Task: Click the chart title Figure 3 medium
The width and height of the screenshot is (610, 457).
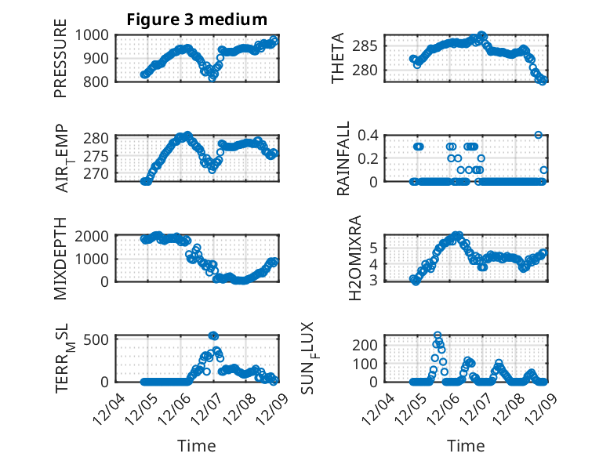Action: (x=197, y=20)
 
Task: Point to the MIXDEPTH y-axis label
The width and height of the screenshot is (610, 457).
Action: (x=61, y=259)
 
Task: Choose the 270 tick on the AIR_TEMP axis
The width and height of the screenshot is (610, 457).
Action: (x=102, y=174)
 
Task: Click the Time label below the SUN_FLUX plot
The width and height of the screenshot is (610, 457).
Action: (x=466, y=445)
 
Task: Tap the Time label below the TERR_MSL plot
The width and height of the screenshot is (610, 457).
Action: (x=197, y=445)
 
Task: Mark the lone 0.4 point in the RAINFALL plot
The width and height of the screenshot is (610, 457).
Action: (x=538, y=135)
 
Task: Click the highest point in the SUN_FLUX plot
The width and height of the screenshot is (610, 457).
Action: (x=438, y=335)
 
